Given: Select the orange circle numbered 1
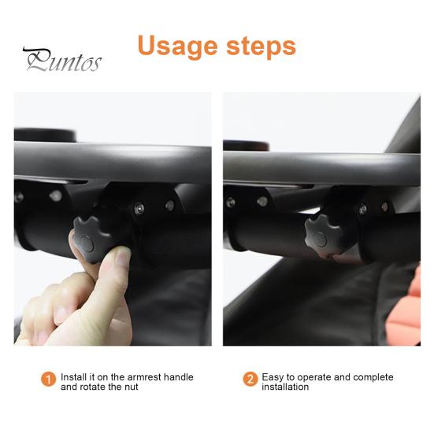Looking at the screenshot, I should (x=49, y=380).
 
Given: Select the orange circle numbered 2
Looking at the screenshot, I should (x=250, y=380).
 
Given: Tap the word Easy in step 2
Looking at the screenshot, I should (x=273, y=377).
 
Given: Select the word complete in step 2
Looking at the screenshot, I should (x=375, y=377).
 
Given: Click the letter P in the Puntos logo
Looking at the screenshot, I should (x=34, y=60).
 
